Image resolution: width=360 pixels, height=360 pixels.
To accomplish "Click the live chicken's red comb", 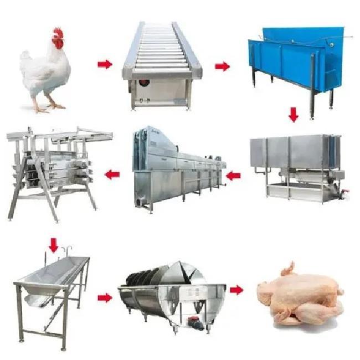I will [58, 34].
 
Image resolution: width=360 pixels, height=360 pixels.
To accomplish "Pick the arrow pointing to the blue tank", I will [222, 66].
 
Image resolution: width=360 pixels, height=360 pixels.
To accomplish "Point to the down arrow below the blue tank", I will [294, 115].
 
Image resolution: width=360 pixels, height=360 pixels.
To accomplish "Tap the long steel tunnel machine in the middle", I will [177, 169].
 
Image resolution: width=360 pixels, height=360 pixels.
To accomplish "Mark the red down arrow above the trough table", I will [53, 244].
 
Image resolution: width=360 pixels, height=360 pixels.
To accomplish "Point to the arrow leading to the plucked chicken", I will [236, 290].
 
